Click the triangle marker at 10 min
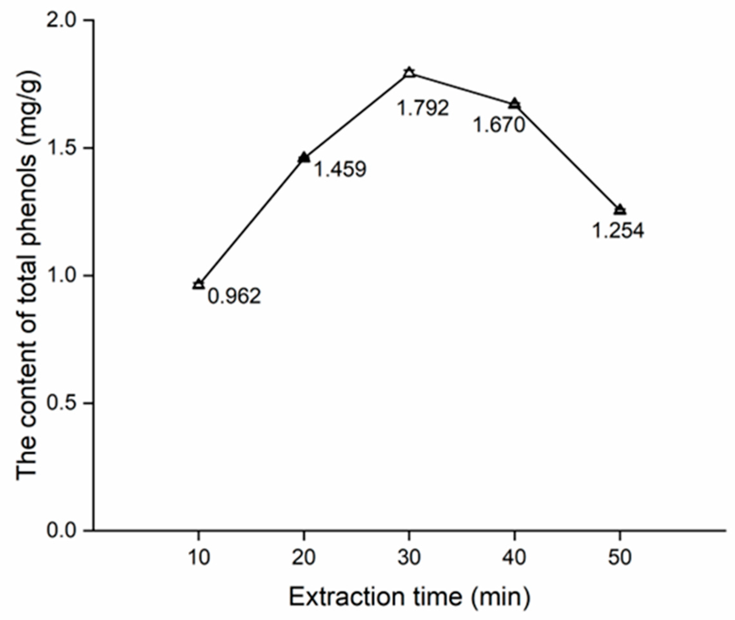[x=198, y=284]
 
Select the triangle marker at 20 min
[x=304, y=158]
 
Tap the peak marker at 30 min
[x=409, y=73]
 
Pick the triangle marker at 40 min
[x=514, y=104]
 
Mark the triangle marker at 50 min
[x=620, y=210]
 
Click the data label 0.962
[x=234, y=296]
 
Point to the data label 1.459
[x=339, y=169]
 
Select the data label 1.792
[x=423, y=108]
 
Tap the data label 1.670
[x=499, y=125]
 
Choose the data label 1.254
[x=618, y=231]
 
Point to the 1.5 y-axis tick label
[x=62, y=148]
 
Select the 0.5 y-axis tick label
[x=62, y=404]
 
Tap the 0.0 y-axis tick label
[x=62, y=531]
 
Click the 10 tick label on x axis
[x=199, y=558]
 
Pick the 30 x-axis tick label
[x=409, y=558]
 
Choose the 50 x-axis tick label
[x=620, y=558]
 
